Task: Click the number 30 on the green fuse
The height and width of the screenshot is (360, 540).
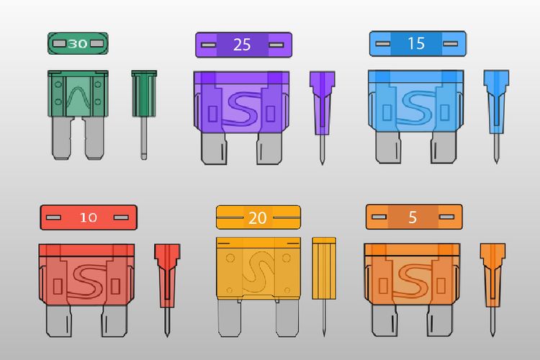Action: click(78, 44)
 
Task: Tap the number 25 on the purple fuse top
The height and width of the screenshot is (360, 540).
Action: click(242, 45)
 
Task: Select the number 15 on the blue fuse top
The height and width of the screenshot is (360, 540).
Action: click(416, 43)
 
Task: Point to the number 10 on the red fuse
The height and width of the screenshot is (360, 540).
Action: click(89, 217)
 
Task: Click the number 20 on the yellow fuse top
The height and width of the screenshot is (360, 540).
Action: click(258, 218)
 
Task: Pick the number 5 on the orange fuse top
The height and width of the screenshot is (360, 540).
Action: click(413, 217)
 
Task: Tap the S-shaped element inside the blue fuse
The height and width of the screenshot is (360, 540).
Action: click(416, 107)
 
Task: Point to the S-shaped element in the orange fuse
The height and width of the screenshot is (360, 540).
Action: click(413, 280)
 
